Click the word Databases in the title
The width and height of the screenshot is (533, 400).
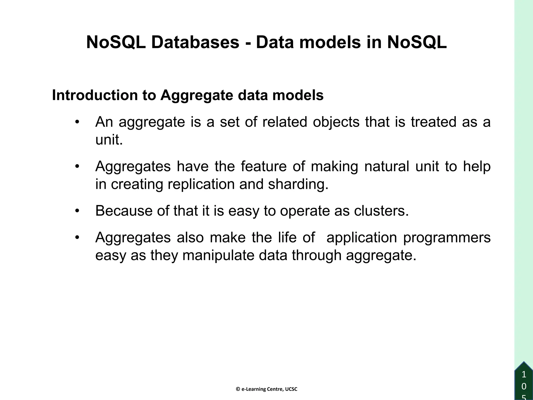pos(195,42)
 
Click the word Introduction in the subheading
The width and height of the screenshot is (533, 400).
pos(95,95)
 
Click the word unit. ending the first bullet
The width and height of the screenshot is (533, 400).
pos(109,140)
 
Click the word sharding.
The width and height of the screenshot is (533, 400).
pos(298,184)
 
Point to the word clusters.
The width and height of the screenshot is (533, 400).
pos(381,211)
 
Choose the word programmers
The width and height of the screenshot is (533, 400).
pos(447,237)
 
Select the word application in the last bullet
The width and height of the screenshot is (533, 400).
pos(361,237)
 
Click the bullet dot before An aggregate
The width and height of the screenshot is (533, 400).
pos(77,122)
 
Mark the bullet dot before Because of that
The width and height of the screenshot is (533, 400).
pos(77,211)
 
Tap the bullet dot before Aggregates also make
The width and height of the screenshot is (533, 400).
pos(77,238)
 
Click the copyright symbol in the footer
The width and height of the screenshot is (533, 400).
pos(238,389)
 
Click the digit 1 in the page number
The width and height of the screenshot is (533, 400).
pos(524,375)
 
